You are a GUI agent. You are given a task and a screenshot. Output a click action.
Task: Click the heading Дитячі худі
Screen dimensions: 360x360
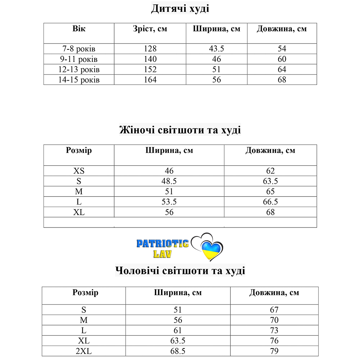point(180,9)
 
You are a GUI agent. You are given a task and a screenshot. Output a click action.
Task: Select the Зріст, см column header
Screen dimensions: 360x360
point(150,29)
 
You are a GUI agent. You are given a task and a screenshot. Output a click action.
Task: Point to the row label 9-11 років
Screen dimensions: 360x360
point(78,59)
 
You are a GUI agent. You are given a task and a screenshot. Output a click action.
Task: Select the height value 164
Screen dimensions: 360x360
point(150,80)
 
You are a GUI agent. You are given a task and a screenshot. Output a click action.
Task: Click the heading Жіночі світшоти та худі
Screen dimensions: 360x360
point(180,130)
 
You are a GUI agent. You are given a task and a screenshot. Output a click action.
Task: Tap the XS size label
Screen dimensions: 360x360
point(79,171)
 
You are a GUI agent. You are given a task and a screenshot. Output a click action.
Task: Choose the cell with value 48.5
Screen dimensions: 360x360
point(169,181)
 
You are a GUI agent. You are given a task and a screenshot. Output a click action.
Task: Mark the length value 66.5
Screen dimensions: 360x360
point(270,202)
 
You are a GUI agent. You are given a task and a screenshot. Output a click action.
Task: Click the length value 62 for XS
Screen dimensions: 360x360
point(270,171)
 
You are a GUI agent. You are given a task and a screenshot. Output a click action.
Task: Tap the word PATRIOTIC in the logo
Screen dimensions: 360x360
point(162,244)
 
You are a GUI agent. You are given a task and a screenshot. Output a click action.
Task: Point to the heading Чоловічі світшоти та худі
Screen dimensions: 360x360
point(180,270)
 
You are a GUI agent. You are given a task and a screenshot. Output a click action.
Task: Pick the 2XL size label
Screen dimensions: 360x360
point(84,351)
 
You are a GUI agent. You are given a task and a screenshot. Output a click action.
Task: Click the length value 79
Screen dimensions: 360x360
point(274,351)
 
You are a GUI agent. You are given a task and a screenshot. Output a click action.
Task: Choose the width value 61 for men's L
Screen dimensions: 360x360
point(178,330)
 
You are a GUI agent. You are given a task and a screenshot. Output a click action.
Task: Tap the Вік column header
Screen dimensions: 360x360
point(79,29)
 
